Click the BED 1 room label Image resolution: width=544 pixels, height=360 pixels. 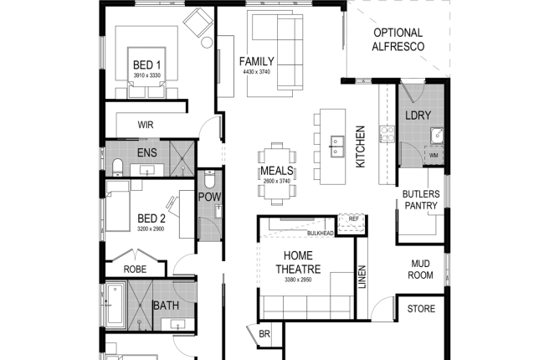click(x=146, y=65)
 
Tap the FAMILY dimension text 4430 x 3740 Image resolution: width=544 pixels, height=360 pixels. click(x=256, y=72)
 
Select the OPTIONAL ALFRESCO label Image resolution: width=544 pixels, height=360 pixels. click(x=398, y=39)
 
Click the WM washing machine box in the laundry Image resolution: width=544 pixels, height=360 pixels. click(x=434, y=155)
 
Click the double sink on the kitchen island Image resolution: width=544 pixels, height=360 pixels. click(x=336, y=147)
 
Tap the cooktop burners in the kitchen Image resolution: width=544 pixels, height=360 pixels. click(x=387, y=134)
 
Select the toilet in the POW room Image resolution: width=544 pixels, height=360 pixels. click(x=209, y=178)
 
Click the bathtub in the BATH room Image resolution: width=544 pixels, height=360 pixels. click(x=115, y=305)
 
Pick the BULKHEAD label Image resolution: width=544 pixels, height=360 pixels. click(x=321, y=234)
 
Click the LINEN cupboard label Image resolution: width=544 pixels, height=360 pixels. click(x=362, y=277)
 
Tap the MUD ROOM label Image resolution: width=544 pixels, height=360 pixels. click(x=420, y=270)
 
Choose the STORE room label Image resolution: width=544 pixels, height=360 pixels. click(x=421, y=309)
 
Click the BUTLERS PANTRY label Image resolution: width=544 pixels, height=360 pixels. click(x=421, y=199)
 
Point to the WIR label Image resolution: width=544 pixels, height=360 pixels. click(x=146, y=125)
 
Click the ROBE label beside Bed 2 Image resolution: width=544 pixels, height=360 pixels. click(x=135, y=269)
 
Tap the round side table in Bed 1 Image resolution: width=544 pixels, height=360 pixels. click(x=207, y=43)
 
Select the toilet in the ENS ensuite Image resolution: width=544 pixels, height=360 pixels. click(x=118, y=167)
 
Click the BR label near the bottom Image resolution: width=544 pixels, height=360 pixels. click(x=264, y=334)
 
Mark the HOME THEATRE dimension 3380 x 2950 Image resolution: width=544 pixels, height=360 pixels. click(x=298, y=280)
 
